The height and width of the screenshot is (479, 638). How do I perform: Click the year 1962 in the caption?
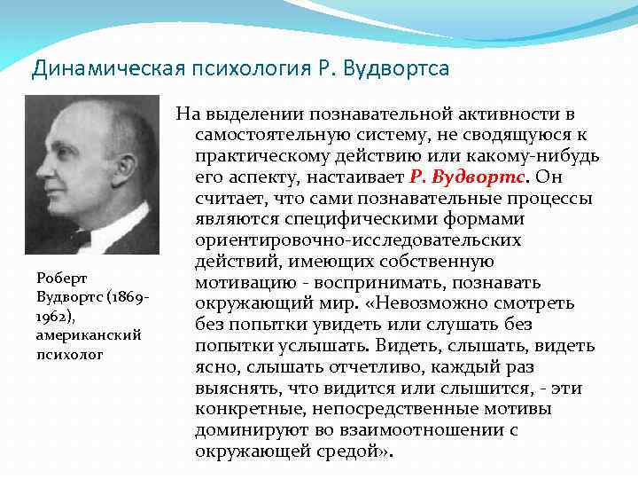point(51,315)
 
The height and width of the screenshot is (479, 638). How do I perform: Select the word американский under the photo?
point(77,334)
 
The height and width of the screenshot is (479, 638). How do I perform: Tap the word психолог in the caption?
point(70,354)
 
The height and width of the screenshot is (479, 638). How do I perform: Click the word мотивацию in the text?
point(234,283)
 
